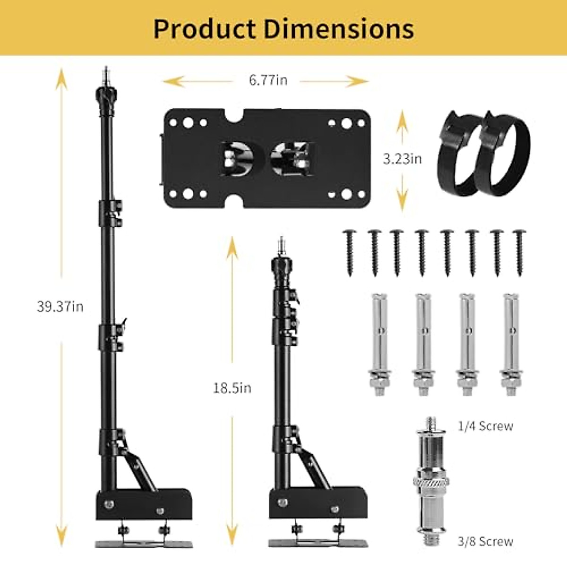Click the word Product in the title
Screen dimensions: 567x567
click(205, 29)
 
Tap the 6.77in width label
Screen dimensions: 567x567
click(268, 80)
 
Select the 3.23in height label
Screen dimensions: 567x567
click(402, 159)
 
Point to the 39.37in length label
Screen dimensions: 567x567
click(60, 307)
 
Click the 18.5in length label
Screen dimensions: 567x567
click(232, 388)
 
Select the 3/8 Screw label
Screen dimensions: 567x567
click(486, 533)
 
